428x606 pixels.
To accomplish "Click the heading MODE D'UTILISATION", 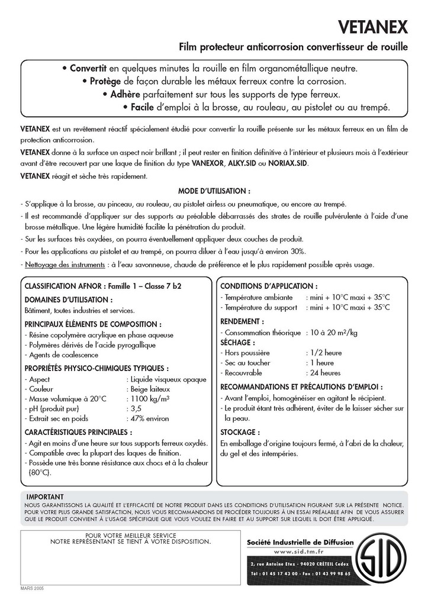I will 214,191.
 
